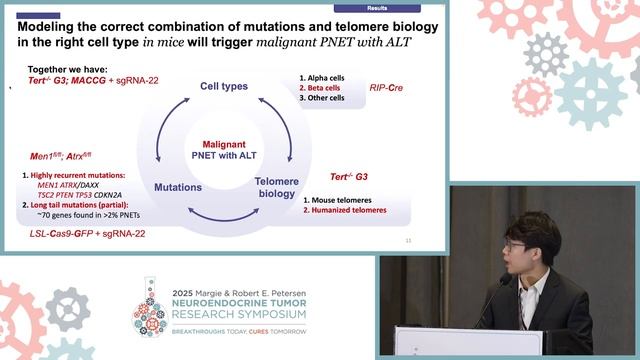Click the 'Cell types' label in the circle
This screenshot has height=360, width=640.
[x=224, y=87]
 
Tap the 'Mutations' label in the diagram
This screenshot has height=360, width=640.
[x=178, y=187]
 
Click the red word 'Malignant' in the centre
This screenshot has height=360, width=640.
[x=224, y=143]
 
